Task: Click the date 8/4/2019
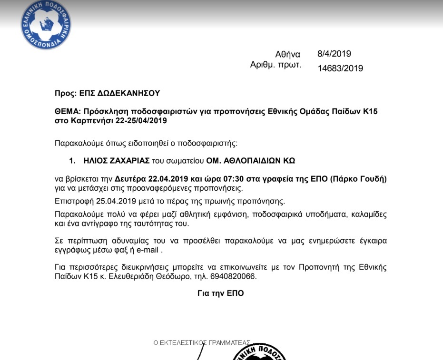(334, 54)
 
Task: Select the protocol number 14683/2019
(340, 68)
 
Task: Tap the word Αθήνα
(288, 55)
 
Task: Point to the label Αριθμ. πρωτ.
(276, 65)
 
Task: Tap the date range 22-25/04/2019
(141, 121)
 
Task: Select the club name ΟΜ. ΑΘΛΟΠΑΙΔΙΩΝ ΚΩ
(250, 161)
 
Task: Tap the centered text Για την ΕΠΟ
(220, 293)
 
